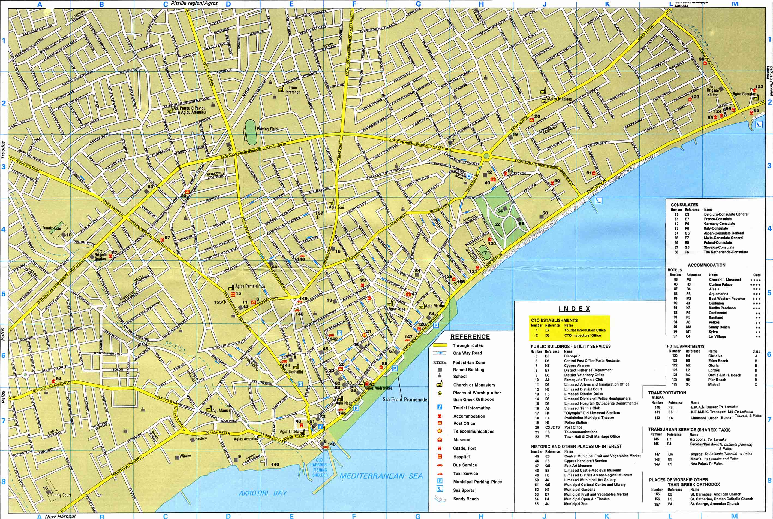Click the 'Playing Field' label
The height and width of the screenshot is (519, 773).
(x=267, y=129)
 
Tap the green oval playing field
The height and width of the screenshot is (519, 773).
(x=251, y=132)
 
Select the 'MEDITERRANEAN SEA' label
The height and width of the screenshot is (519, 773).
(x=381, y=476)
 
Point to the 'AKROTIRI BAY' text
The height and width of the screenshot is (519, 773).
(x=263, y=493)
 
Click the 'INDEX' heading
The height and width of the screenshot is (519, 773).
(x=574, y=309)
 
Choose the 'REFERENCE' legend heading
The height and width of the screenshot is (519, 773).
(x=470, y=337)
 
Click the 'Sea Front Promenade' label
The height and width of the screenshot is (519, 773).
(x=405, y=399)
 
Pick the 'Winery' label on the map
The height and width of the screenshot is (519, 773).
(x=185, y=456)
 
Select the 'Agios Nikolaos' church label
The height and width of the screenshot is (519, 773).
(x=560, y=99)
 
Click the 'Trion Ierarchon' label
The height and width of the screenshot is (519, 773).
(x=293, y=90)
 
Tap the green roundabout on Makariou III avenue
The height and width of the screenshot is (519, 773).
(x=486, y=156)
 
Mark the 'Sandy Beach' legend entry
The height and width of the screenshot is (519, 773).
(x=466, y=499)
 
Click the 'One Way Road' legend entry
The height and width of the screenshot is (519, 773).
(x=467, y=353)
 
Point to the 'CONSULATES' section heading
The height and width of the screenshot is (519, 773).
(x=684, y=205)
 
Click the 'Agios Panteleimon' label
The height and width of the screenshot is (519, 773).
(x=250, y=286)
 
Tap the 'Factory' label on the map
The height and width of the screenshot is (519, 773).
(x=201, y=439)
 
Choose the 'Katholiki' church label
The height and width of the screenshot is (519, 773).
(x=296, y=372)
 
